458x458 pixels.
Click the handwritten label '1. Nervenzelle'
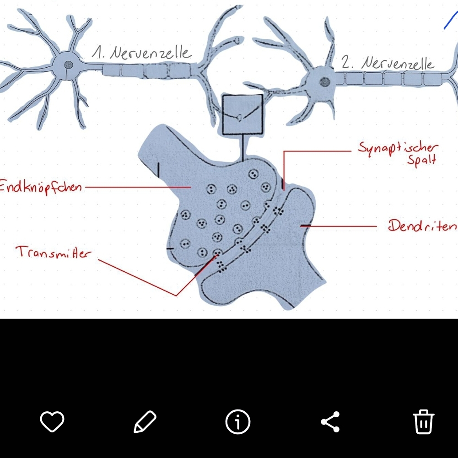[141, 54]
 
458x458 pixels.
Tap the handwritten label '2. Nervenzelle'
[388, 64]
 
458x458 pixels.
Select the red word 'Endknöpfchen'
[40, 187]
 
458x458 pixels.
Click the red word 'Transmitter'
[53, 253]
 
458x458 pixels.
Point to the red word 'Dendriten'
[422, 226]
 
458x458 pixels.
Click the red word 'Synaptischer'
[397, 148]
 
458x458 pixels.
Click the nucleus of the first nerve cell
[68, 65]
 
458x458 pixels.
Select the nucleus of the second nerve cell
[324, 82]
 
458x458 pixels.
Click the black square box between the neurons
[242, 115]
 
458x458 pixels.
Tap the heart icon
[52, 421]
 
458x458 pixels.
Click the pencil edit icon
[145, 421]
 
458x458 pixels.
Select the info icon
[238, 421]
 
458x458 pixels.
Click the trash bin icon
[424, 421]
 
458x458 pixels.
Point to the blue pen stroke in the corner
[450, 21]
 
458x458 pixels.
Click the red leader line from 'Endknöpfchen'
[137, 187]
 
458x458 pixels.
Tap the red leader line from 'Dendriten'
[339, 226]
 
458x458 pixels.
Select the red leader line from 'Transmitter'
[137, 277]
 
